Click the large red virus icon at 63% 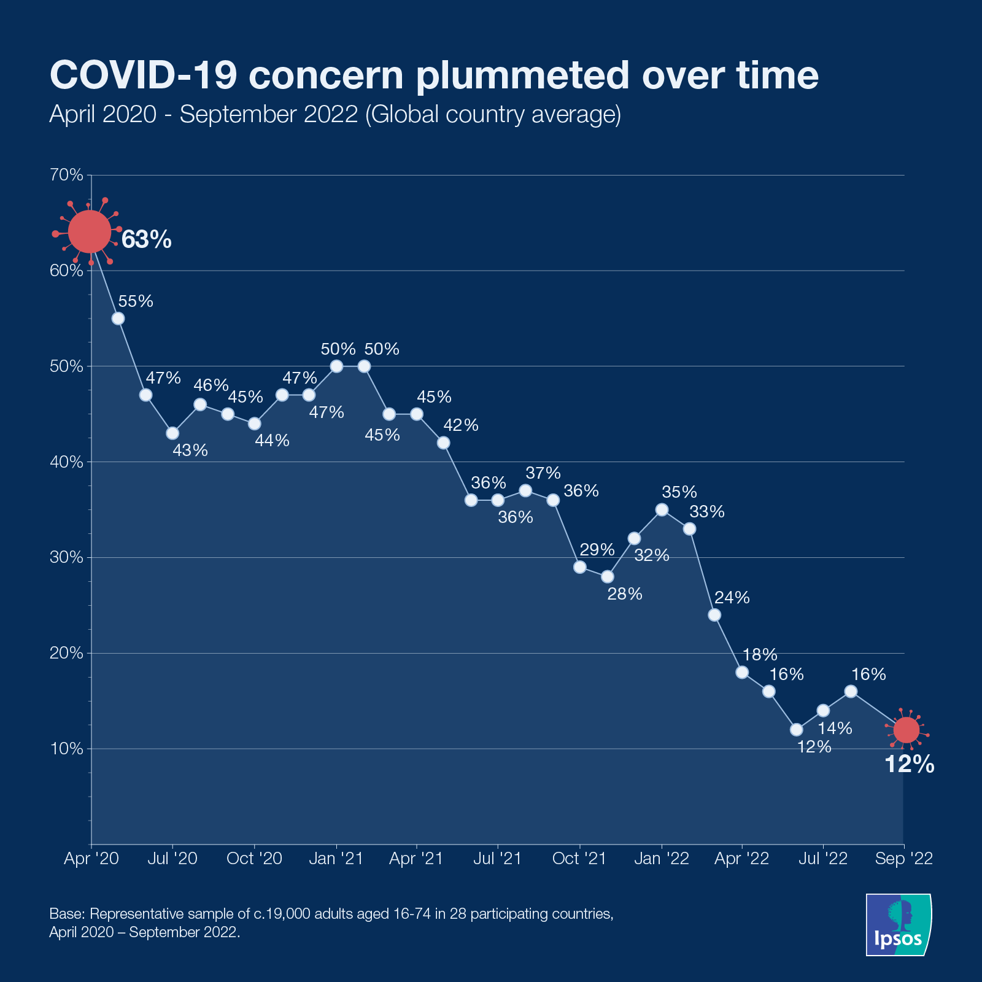pyautogui.click(x=90, y=232)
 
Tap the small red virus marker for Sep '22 pyautogui.click(x=906, y=730)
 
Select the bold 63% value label pyautogui.click(x=146, y=240)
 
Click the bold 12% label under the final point pyautogui.click(x=909, y=765)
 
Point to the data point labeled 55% pyautogui.click(x=118, y=319)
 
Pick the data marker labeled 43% pyautogui.click(x=172, y=433)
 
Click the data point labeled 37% pyautogui.click(x=525, y=490)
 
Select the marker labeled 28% pyautogui.click(x=607, y=577)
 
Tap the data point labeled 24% pyautogui.click(x=714, y=615)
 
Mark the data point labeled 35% pyautogui.click(x=662, y=509)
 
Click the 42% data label pyautogui.click(x=461, y=425)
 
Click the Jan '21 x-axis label pyautogui.click(x=336, y=859)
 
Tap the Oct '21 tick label pyautogui.click(x=579, y=859)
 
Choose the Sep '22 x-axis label pyautogui.click(x=903, y=859)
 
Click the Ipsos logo pyautogui.click(x=898, y=924)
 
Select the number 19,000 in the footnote pyautogui.click(x=285, y=914)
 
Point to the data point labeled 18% pyautogui.click(x=742, y=672)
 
